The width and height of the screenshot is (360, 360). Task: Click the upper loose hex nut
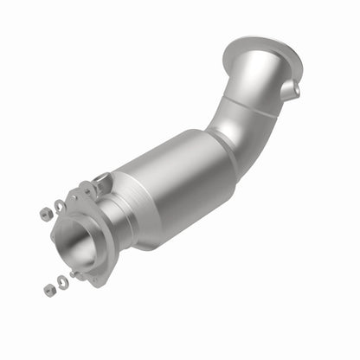[44, 211]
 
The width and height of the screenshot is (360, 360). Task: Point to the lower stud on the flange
[76, 274]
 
